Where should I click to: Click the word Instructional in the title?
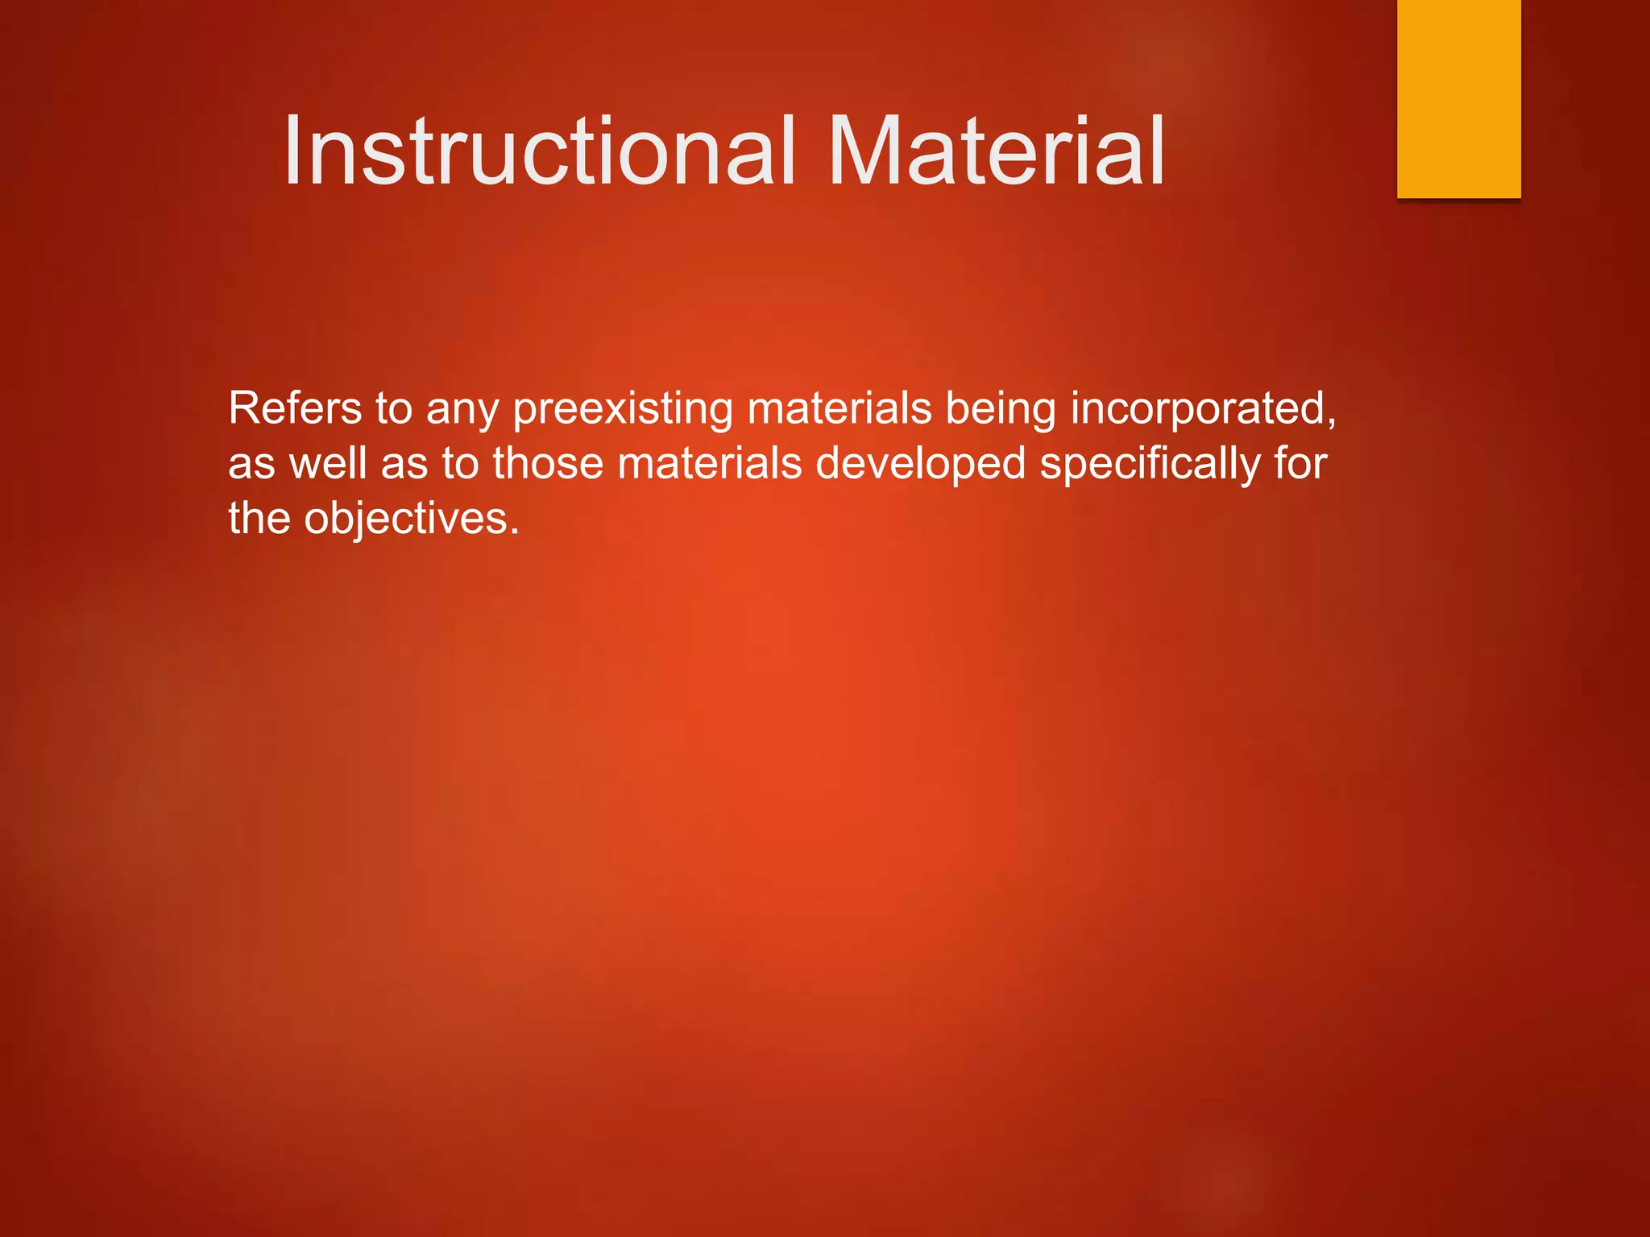[538, 151]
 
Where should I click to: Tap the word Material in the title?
[996, 151]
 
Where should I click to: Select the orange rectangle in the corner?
[1458, 98]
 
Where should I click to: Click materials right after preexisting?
[839, 408]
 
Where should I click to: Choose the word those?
[548, 463]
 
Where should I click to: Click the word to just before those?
[460, 464]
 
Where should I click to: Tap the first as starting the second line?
[251, 465]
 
